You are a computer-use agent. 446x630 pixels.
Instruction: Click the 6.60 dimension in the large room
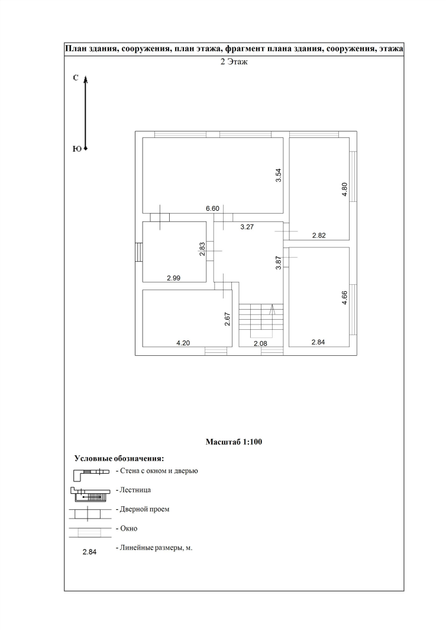[212, 208]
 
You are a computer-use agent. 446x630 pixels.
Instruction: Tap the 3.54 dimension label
[278, 176]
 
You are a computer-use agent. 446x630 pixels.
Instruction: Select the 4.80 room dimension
[344, 190]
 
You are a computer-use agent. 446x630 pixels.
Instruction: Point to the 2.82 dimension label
[319, 235]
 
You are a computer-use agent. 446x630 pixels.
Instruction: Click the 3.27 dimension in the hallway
[247, 226]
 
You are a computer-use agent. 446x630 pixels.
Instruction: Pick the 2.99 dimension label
[173, 278]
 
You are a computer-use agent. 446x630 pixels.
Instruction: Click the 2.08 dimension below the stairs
[260, 343]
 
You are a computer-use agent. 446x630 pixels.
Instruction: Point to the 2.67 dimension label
[227, 320]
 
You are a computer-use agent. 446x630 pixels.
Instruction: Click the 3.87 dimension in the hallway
[278, 262]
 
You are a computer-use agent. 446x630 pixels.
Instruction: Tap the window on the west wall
[139, 252]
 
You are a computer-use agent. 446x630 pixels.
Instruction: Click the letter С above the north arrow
[76, 78]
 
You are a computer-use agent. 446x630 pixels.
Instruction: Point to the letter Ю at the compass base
[76, 149]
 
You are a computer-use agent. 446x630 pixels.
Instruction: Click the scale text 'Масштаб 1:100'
[234, 442]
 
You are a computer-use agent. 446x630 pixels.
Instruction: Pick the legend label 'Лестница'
[135, 490]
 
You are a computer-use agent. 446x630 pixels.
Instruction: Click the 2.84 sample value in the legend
[89, 552]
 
